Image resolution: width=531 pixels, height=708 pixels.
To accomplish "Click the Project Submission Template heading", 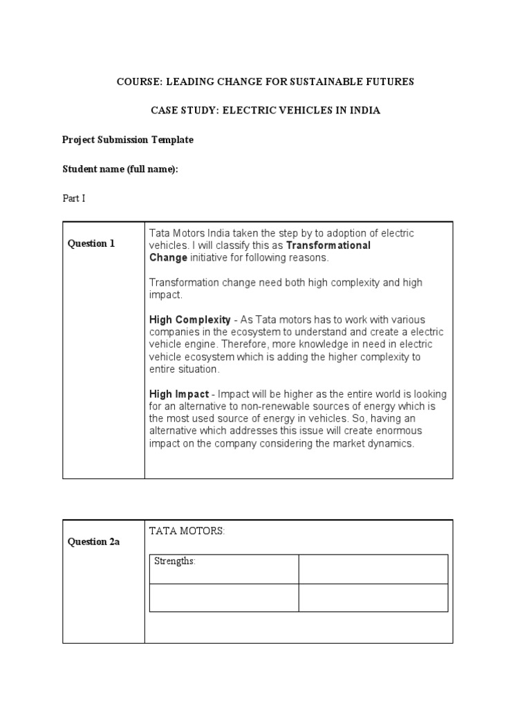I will coord(128,140).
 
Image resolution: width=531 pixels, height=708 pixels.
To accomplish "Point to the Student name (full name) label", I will coord(120,169).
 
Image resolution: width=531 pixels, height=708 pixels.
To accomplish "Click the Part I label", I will coord(73,198).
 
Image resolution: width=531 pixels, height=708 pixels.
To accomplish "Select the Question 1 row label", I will coord(91,243).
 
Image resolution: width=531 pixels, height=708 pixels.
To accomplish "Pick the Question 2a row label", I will coord(93,542).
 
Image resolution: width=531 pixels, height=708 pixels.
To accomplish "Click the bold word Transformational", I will coord(328,245).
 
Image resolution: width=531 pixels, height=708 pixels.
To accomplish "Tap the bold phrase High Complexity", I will coord(190,319).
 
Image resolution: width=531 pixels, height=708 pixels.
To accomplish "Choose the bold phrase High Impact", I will coord(179,394).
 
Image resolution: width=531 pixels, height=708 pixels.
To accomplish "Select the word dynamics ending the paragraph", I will coord(393,444).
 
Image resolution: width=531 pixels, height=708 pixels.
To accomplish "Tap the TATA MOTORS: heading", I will coord(187,531).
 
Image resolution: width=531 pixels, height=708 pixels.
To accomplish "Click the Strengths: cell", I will coord(175,561).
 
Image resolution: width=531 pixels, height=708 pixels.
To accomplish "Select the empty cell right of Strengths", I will coord(373,569).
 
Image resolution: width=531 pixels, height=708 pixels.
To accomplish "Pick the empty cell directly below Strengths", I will coord(224,598).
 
